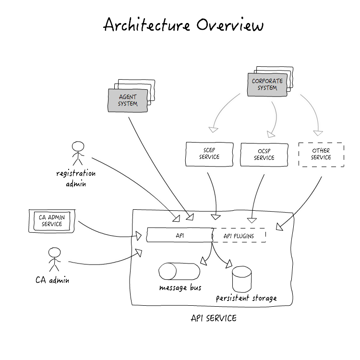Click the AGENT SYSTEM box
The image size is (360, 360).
[x=128, y=100]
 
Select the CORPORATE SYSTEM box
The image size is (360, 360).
[x=267, y=84]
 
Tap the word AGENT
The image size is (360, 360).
[x=128, y=97]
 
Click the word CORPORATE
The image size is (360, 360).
[x=267, y=81]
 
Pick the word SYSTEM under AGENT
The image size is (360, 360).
[x=128, y=104]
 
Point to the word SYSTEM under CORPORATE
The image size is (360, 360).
[x=267, y=88]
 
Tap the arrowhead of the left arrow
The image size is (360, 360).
[x=214, y=129]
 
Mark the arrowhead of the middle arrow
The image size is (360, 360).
[x=271, y=134]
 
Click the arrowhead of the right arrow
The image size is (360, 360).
[x=318, y=133]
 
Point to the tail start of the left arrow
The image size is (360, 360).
[x=240, y=94]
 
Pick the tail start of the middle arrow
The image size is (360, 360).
[x=272, y=102]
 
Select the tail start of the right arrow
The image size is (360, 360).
[x=300, y=95]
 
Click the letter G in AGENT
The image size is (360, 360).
[x=123, y=97]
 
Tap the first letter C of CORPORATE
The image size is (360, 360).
[x=254, y=81]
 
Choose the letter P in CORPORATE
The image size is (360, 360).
[x=264, y=81]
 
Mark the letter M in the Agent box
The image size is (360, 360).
[x=135, y=104]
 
